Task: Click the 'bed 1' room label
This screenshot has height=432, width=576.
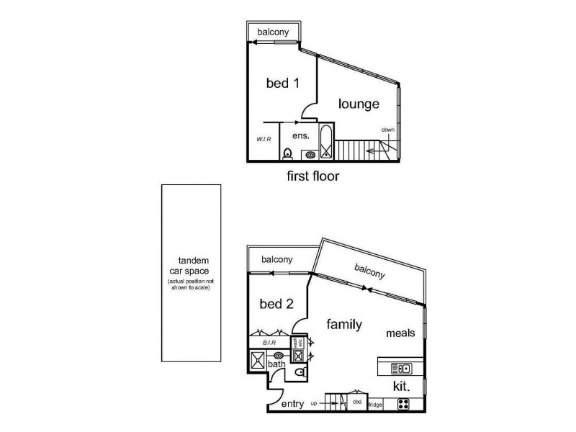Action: (x=283, y=83)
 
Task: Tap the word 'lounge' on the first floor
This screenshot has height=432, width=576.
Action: (x=359, y=104)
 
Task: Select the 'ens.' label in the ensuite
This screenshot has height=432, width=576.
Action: (x=300, y=135)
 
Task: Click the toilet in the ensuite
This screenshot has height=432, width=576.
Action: (x=287, y=153)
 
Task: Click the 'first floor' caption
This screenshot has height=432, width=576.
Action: (x=313, y=175)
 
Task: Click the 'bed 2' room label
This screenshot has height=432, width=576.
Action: (x=276, y=303)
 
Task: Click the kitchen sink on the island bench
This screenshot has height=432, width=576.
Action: (x=400, y=369)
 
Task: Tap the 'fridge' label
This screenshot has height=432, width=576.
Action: (x=375, y=405)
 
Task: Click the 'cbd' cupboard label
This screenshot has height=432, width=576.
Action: (x=356, y=403)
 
